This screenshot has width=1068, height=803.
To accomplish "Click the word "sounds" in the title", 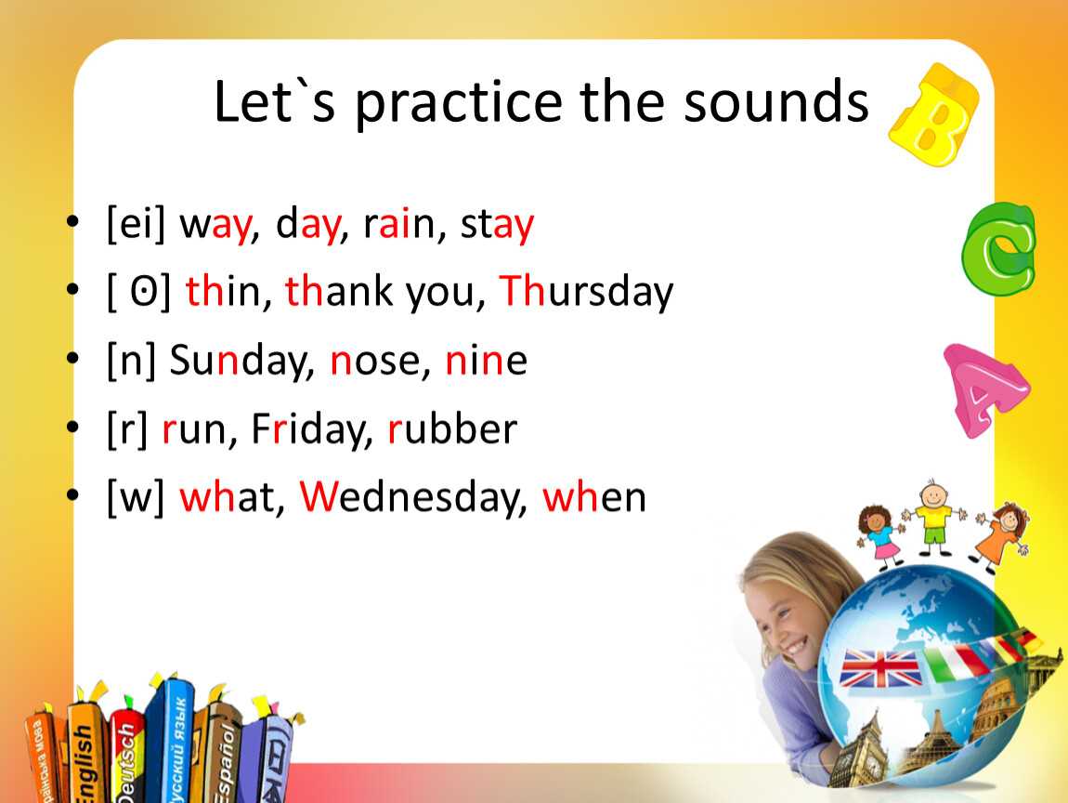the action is click(x=776, y=101).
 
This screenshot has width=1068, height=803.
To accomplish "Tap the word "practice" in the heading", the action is click(x=459, y=104).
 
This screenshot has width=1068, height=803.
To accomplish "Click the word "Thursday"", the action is click(x=586, y=293).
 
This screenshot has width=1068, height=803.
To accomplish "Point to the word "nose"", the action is click(x=373, y=362).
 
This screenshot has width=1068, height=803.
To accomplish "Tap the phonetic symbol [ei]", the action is click(x=137, y=223).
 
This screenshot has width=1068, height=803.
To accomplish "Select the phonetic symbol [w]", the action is click(x=136, y=497).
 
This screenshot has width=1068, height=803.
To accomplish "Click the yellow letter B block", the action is click(x=935, y=114).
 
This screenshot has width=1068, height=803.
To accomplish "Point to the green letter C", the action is click(x=998, y=249).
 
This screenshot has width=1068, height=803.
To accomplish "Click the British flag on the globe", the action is click(x=880, y=668).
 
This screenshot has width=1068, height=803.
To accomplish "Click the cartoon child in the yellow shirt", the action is click(x=933, y=518).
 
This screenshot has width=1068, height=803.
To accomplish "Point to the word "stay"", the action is click(x=497, y=225).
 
